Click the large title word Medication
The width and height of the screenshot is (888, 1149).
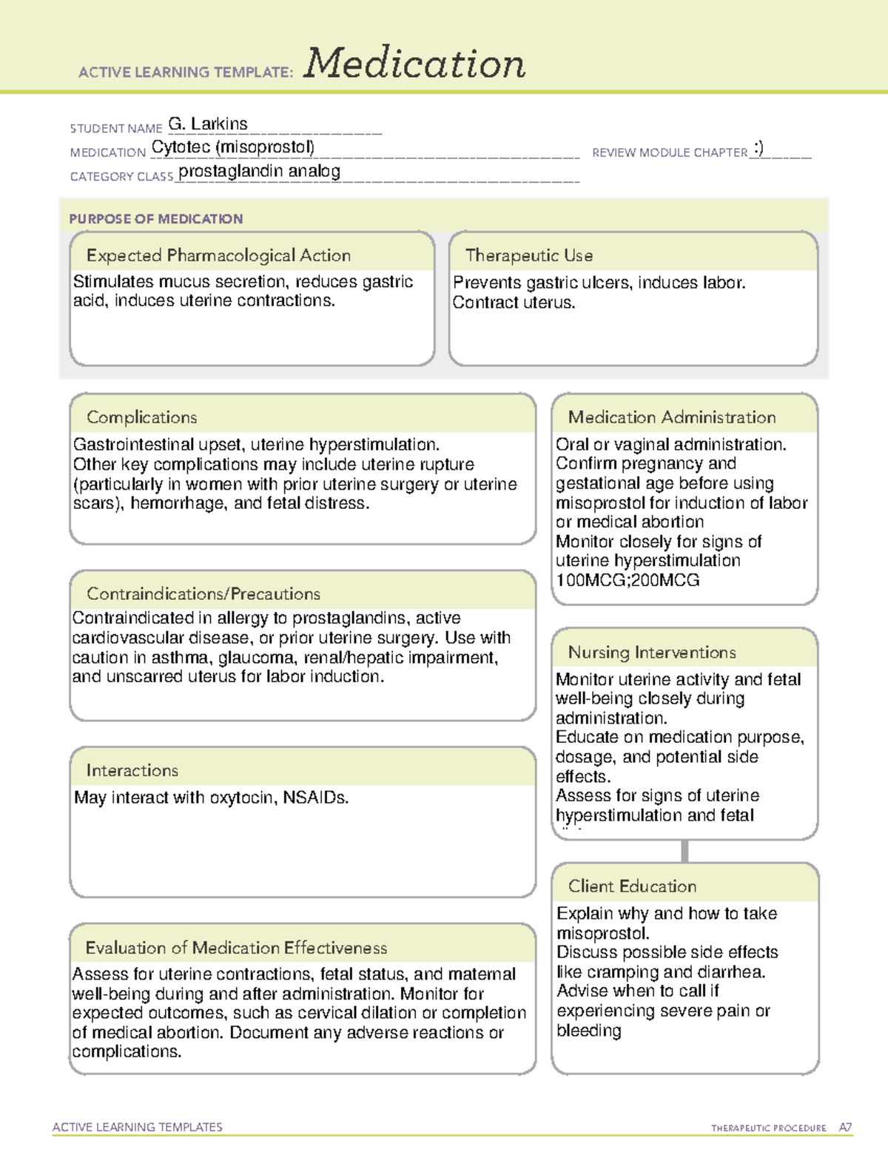(414, 64)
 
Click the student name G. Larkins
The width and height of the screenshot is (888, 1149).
(208, 124)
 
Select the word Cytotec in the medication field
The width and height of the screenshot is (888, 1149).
(181, 147)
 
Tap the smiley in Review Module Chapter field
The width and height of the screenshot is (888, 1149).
(758, 148)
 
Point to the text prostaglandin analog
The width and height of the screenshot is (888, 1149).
(259, 172)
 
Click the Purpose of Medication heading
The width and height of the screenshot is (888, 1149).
(155, 219)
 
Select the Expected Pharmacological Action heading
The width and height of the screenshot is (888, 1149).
(218, 255)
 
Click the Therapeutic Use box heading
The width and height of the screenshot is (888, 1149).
(528, 255)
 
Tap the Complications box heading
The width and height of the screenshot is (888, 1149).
(141, 417)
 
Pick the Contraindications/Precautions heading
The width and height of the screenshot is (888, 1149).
(203, 594)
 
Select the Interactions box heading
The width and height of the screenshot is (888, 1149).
(132, 771)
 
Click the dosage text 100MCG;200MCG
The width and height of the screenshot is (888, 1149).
(627, 580)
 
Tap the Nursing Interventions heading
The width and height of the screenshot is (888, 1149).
(651, 653)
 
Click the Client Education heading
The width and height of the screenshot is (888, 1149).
(632, 886)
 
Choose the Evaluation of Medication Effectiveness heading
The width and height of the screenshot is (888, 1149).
(236, 948)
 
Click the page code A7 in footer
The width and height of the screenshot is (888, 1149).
(845, 1128)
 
